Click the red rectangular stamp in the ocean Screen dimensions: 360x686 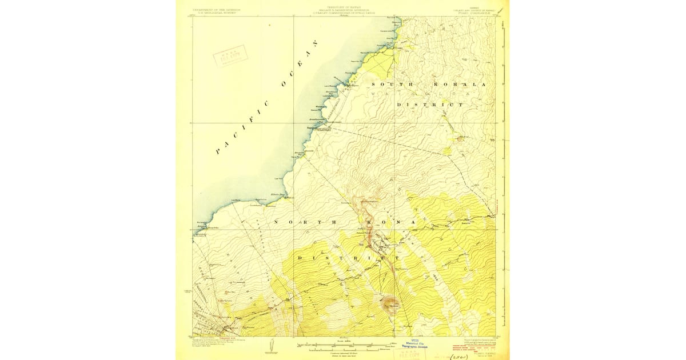coord(229,58)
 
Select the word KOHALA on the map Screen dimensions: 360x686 coord(464,85)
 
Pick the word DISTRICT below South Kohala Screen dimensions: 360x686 coord(430,105)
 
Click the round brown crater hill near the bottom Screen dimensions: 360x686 coord(391,302)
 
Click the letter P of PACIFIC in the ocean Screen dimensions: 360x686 coord(218,152)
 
